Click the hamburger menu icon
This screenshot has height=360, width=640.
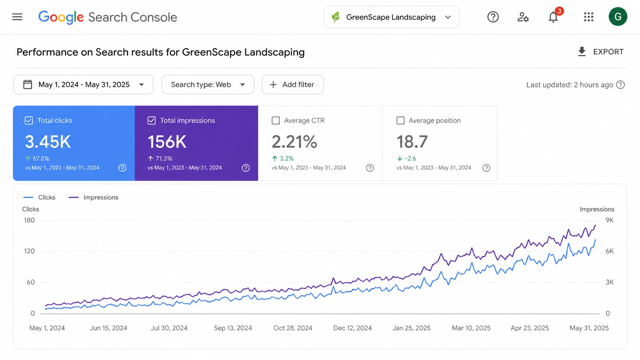pos(17,17)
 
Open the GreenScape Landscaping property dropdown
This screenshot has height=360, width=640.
pos(392,17)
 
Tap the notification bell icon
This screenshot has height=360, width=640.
pos(553,17)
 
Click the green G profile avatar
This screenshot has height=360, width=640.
pos(618,16)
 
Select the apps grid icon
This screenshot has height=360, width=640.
pos(589,17)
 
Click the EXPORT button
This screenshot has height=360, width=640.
pos(601,52)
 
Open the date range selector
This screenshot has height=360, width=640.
pos(83,85)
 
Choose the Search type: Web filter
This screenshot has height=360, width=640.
pos(208,85)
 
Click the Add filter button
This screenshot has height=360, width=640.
pos(292,85)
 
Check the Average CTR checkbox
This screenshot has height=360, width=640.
pos(276,121)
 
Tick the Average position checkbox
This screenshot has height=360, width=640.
pos(400,121)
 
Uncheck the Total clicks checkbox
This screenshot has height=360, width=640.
pos(29,121)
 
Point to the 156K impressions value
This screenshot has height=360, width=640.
pos(167,142)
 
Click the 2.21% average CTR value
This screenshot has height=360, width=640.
pos(294,142)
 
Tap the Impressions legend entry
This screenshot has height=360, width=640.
pos(93,197)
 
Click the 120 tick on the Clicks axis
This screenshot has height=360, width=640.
pos(29,251)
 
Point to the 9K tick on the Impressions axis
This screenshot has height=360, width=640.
pos(609,220)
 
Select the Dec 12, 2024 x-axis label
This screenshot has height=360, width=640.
pos(352,328)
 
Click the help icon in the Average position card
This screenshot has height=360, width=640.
pos(486,168)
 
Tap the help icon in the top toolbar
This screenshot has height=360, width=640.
pos(493,17)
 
